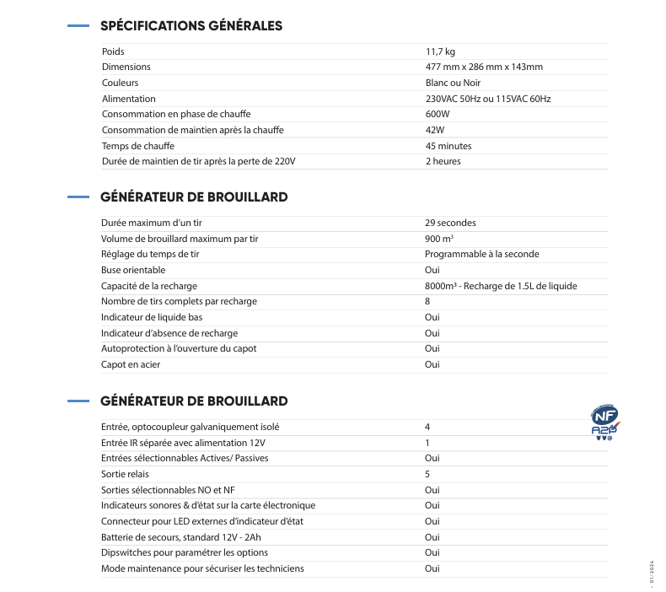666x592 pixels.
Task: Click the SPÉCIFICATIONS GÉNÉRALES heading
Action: (x=191, y=26)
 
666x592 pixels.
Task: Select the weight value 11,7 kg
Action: (x=440, y=51)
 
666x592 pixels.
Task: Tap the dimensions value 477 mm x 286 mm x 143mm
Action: (x=484, y=67)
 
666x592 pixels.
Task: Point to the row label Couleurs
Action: (x=120, y=83)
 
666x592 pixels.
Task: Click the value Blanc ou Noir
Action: (x=454, y=83)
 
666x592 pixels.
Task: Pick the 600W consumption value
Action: (x=438, y=114)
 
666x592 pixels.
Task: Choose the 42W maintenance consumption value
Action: (x=435, y=130)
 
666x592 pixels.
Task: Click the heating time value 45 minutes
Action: (x=448, y=146)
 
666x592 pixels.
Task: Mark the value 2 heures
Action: (x=443, y=161)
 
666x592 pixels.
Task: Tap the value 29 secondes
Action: (x=450, y=223)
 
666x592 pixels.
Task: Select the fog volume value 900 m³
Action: (x=439, y=239)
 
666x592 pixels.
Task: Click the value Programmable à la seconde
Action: (x=481, y=254)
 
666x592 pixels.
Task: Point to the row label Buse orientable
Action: (x=133, y=270)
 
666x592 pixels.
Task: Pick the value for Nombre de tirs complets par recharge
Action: (x=427, y=301)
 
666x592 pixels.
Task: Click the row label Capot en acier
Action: (x=131, y=364)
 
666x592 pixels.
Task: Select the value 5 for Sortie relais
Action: (x=427, y=474)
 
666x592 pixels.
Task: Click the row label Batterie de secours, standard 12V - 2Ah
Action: (x=182, y=537)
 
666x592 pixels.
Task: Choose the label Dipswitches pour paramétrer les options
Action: (x=185, y=552)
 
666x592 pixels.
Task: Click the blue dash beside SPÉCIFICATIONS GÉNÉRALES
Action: (x=78, y=26)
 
